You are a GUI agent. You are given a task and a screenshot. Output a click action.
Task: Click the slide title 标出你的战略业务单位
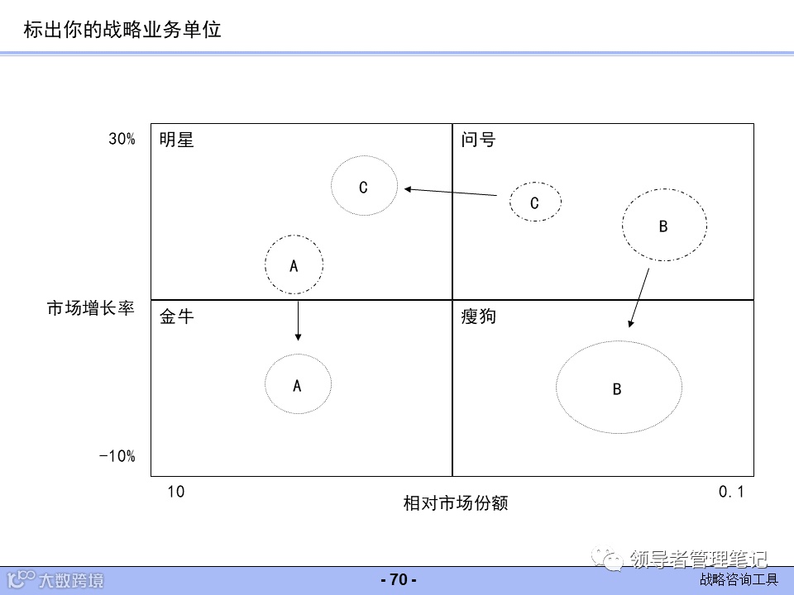coord(122,30)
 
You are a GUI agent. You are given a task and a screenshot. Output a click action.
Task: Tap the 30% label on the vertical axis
coord(122,139)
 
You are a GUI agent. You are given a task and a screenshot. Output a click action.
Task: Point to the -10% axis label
coord(117,456)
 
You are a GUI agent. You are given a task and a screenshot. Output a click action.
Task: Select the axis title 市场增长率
coord(90,309)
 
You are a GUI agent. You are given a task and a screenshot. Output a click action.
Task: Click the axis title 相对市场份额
coord(455,502)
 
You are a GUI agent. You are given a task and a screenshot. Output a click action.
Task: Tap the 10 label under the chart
coord(175,492)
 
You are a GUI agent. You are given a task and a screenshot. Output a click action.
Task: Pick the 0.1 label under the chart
coord(731,492)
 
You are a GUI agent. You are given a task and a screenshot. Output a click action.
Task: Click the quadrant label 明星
coord(177,140)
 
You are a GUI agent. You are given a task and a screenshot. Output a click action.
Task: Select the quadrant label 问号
coord(478,140)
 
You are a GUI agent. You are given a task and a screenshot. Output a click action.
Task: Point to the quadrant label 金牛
coord(177,317)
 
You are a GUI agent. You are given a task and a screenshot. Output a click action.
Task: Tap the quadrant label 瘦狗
coord(478,317)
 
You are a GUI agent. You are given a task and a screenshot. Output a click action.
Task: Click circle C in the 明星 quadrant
coord(364,186)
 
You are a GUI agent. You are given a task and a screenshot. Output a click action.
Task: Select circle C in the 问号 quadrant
coord(534,202)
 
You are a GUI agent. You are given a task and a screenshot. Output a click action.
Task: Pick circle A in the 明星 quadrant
coord(294,265)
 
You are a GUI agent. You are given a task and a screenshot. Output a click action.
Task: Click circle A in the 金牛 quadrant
coord(298,384)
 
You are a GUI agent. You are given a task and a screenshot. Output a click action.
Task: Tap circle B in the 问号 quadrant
coord(664,225)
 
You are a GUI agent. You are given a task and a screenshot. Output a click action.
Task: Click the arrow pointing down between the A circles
coord(298,321)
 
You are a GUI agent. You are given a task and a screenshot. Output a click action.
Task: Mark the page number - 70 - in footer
coord(398,580)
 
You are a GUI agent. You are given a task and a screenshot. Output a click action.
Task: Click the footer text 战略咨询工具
coord(738,580)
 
